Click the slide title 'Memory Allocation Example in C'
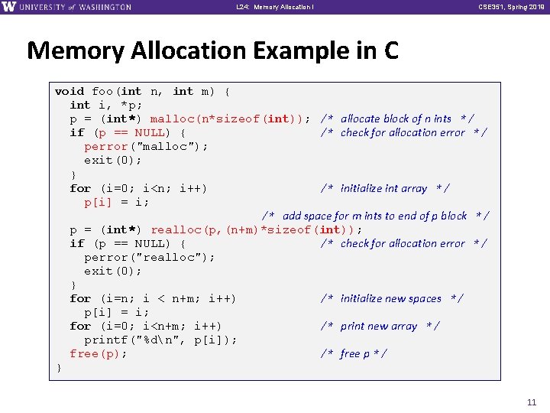point(212,51)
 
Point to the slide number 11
point(532,402)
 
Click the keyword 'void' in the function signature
point(70,91)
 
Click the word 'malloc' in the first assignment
point(172,119)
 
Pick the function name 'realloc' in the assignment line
point(176,229)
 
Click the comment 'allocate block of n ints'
point(396,119)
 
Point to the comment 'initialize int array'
point(384,188)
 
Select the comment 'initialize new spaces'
point(391,298)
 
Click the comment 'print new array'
point(379,326)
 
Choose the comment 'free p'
point(353,353)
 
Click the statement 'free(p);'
point(99,353)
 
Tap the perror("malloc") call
point(146,146)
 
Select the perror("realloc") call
point(150,257)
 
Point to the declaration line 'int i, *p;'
point(106,105)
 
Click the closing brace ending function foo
point(59,367)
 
